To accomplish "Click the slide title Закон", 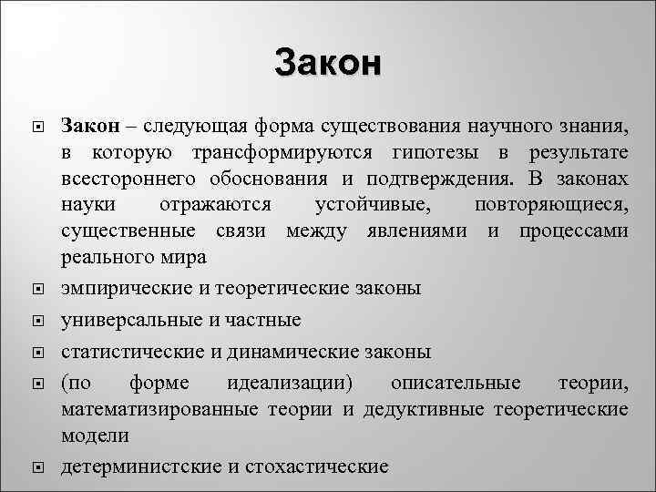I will coord(328,64).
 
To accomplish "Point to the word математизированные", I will coord(161,409).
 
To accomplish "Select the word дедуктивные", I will coord(424,409).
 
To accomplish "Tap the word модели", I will coord(95,436).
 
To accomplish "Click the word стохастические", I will coord(316,466).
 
